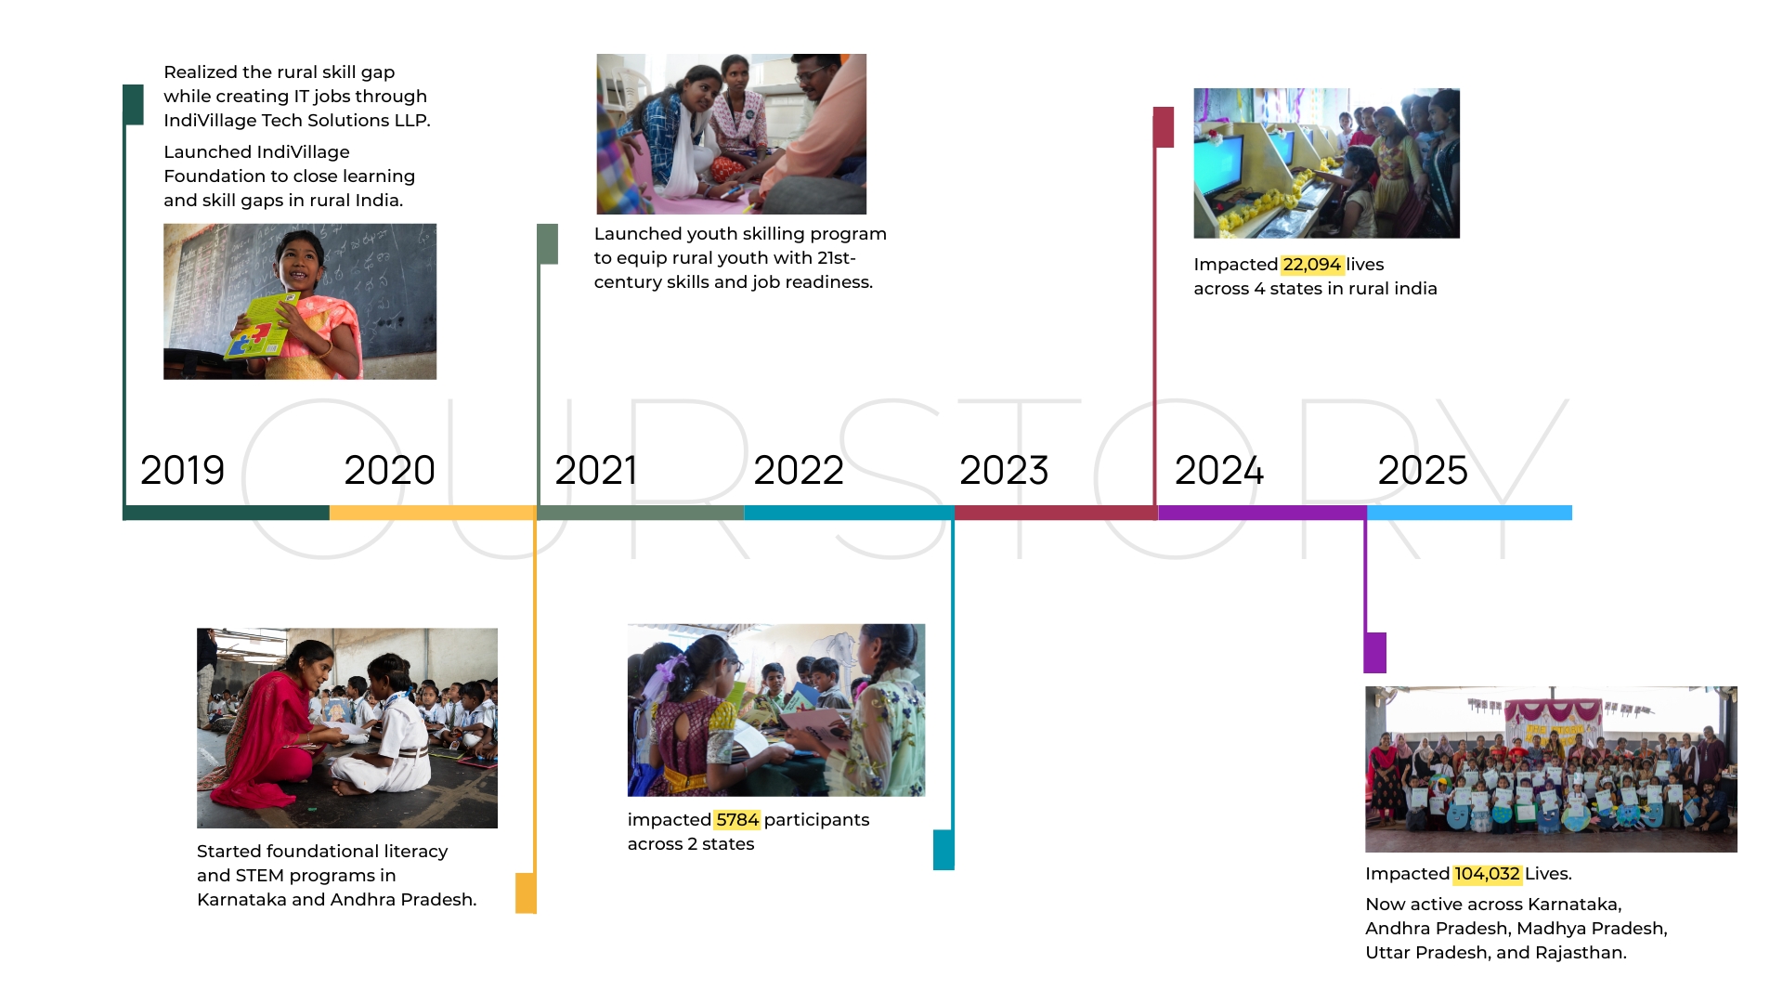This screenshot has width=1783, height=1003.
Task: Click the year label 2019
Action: (x=182, y=470)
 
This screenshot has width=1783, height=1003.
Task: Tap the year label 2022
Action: (x=799, y=470)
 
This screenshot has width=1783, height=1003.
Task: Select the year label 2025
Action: (x=1423, y=470)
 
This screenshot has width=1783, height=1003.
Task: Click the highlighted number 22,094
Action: (x=1311, y=265)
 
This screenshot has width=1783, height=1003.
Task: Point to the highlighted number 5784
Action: (x=737, y=820)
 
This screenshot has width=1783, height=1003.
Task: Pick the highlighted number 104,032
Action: (x=1487, y=874)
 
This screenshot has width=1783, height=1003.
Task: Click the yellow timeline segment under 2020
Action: (x=433, y=513)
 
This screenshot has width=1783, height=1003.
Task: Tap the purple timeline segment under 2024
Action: (x=1262, y=513)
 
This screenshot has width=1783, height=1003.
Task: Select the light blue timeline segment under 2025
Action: (x=1469, y=513)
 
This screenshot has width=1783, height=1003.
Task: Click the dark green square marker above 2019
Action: (x=134, y=105)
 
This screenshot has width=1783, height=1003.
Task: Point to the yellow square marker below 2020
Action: (x=526, y=892)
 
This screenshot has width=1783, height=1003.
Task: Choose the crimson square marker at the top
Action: (x=1164, y=127)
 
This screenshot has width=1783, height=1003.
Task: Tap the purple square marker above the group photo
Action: (x=1374, y=653)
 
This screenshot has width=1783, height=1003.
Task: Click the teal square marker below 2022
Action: (x=944, y=850)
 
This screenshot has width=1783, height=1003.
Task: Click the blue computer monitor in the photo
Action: (x=1219, y=163)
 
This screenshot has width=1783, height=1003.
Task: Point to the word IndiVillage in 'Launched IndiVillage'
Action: (x=303, y=152)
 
